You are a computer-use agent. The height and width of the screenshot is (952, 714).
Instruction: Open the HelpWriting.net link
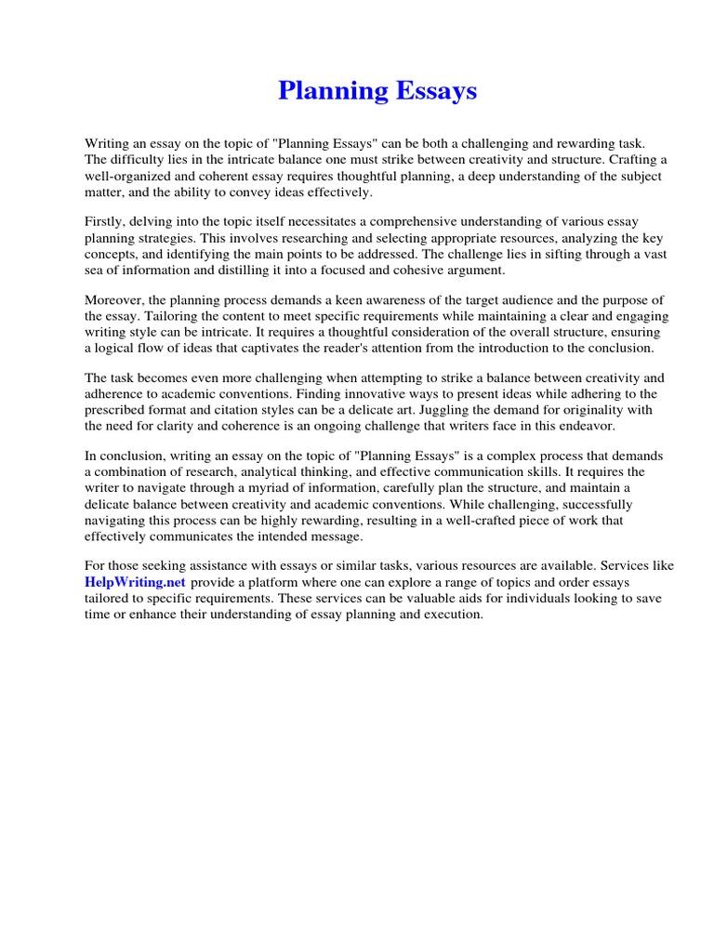click(x=136, y=582)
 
